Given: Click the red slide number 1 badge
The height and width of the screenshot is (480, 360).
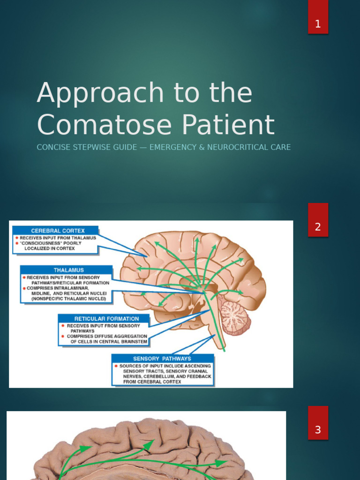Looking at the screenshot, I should (318, 24).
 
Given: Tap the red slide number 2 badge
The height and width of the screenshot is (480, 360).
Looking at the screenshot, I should (318, 227).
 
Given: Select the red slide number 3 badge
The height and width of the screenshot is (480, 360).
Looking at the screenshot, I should (318, 429).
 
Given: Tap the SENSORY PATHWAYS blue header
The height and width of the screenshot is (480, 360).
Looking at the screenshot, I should (162, 359).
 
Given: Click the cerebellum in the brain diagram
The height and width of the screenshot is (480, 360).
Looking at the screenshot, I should (234, 317).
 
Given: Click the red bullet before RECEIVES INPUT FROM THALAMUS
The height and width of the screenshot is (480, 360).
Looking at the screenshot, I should (17, 238).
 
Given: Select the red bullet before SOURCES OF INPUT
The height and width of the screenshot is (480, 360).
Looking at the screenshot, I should (116, 366).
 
